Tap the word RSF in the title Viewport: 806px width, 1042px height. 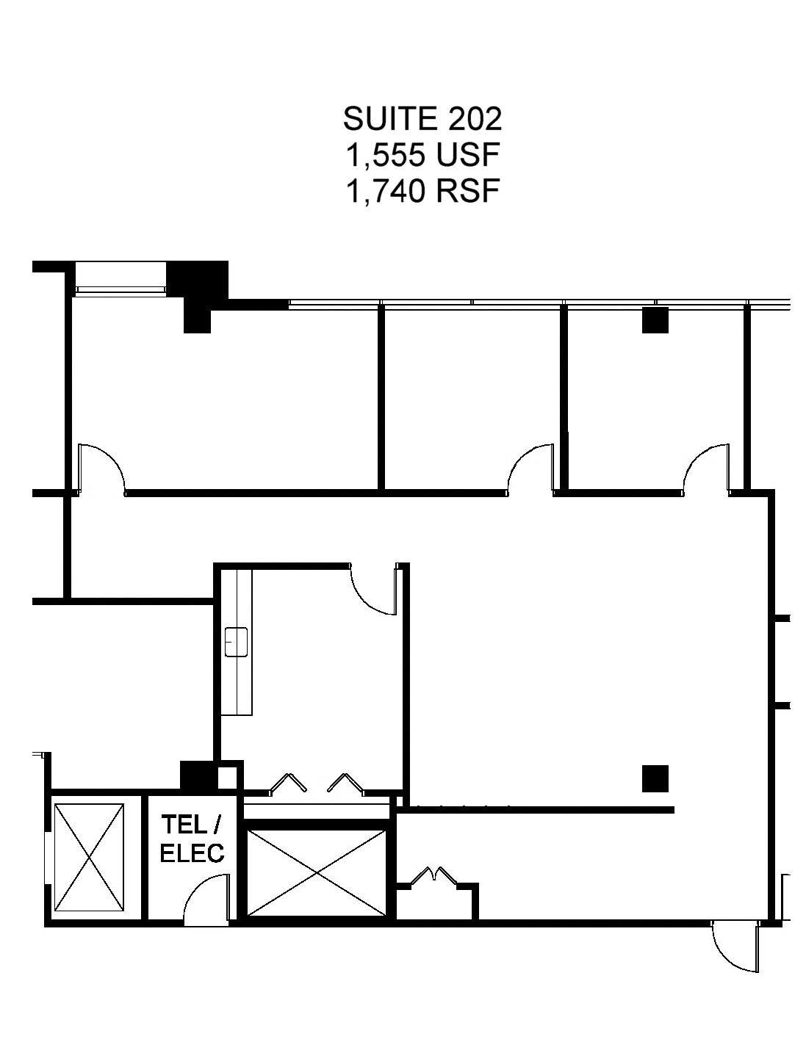(x=468, y=192)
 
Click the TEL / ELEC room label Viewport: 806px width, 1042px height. (x=192, y=838)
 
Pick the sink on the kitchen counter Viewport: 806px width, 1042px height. (x=236, y=642)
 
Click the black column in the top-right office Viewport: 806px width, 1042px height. (x=655, y=320)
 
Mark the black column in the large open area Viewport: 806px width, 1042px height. (x=655, y=778)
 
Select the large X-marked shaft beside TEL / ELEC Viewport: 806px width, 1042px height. (x=317, y=872)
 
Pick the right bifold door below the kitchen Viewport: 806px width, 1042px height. (x=345, y=784)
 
